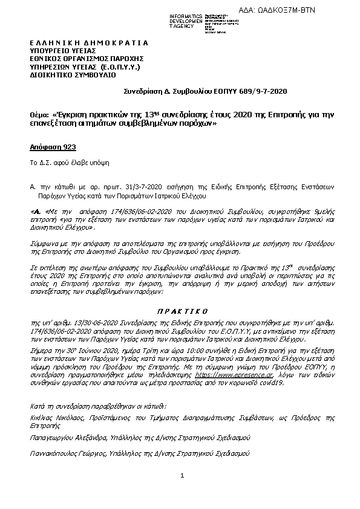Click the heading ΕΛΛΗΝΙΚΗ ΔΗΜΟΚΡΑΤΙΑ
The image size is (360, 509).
point(88,44)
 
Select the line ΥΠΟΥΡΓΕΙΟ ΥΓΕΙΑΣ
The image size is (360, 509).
point(59,51)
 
